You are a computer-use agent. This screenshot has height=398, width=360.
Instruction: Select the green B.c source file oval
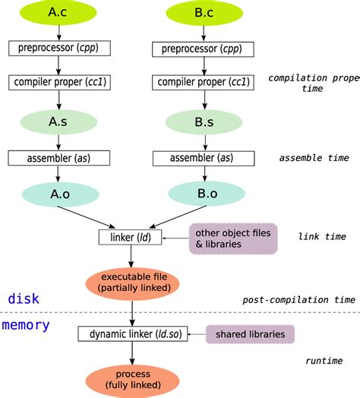204,12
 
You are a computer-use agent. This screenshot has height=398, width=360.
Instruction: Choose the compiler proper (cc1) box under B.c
204,81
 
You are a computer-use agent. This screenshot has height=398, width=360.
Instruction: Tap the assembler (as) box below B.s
204,158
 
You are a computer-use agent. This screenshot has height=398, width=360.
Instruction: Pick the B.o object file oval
204,194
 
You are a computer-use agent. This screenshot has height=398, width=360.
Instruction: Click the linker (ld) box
132,237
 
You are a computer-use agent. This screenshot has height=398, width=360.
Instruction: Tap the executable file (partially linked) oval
132,283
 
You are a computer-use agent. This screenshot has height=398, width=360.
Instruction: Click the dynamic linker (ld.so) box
132,333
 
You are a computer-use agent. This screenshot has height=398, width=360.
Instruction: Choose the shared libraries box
250,333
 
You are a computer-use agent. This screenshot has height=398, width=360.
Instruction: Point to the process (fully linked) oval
132,381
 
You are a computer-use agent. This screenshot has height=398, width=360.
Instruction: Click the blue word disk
24,298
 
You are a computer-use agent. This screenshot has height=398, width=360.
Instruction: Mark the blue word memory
27,325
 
